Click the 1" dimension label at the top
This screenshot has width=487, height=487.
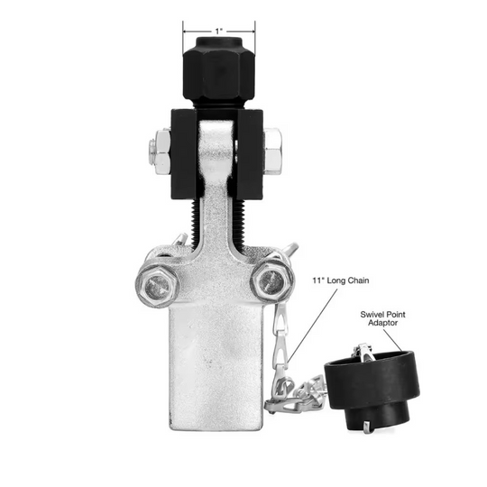219,31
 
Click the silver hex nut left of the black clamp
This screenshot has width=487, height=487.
161,152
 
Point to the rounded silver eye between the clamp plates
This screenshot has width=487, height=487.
216,145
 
